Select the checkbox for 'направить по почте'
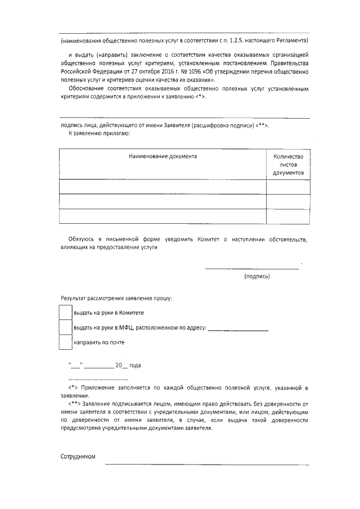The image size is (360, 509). coord(66,342)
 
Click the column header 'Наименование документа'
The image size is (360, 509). coord(162,156)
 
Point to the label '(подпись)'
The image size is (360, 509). coord(257,276)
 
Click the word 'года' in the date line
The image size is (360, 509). coord(135,365)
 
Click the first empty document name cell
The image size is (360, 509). coord(162,186)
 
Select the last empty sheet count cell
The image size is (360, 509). coord(287,216)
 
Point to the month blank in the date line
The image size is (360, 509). coord(99,366)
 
